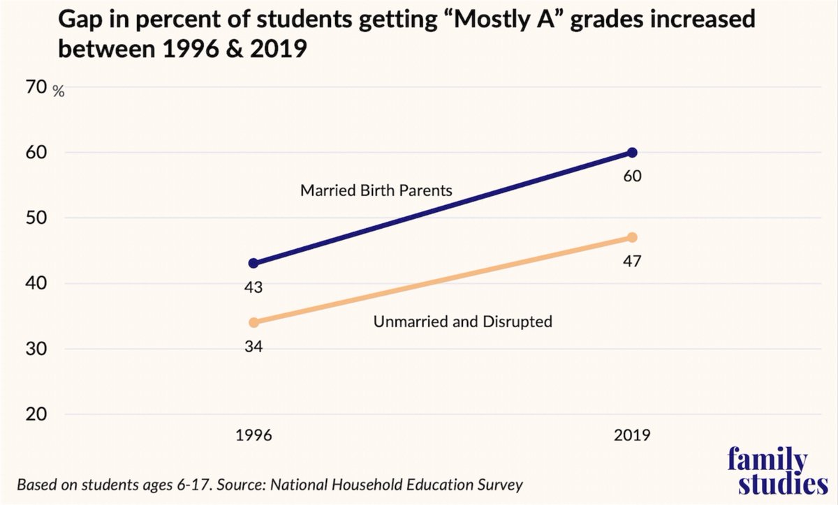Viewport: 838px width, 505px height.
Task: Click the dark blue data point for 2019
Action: [632, 153]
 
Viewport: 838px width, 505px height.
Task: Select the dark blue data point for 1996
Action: [253, 264]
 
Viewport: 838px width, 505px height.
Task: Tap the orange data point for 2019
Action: [632, 237]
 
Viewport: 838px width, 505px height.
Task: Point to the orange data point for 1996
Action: [253, 322]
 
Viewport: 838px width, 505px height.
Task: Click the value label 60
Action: [632, 176]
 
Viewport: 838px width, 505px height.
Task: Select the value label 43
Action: [253, 287]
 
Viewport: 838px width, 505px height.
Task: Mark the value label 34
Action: [253, 345]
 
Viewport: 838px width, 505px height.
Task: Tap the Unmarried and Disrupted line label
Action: [463, 322]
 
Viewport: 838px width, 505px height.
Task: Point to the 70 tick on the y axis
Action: [36, 87]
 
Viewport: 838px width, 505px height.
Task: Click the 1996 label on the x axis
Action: [253, 436]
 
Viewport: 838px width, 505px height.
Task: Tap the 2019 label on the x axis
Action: [632, 436]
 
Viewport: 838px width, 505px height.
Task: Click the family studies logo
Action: [767, 472]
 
